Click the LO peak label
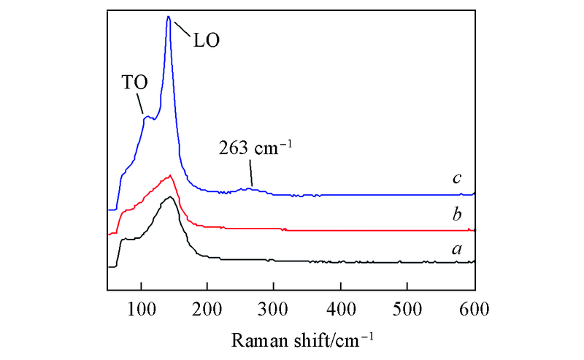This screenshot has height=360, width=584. coord(206,38)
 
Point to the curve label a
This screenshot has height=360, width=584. coord(458,248)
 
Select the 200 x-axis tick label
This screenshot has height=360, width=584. coord(207,307)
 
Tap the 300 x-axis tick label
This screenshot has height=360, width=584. coord(274,307)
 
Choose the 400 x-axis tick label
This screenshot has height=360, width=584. coord(341,307)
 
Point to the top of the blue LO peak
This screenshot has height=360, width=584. coord(169,16)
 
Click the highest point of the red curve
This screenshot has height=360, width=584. coord(170,175)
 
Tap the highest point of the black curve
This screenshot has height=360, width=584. coord(169,197)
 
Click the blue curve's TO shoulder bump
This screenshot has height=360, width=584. coord(147,116)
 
